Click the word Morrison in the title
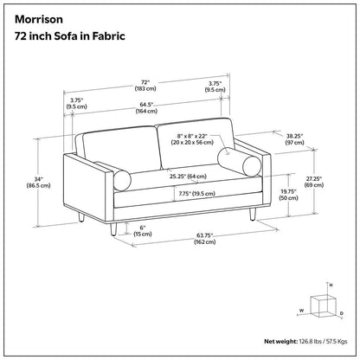point(39,19)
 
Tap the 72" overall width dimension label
point(145,86)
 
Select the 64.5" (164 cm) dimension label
point(146,107)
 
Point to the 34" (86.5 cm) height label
point(38,182)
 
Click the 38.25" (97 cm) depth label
point(294,139)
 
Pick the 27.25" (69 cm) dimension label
point(314,182)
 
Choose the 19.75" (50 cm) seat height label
point(289,195)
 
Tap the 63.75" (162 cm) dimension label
point(204,239)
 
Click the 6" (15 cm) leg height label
point(143,231)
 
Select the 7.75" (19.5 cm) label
point(197,194)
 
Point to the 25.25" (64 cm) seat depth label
point(188,177)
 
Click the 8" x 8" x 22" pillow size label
point(192,139)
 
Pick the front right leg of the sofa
point(253,214)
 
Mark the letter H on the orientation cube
point(331,285)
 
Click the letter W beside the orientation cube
point(301,311)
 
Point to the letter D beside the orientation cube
point(341,313)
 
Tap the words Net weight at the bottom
point(280,342)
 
